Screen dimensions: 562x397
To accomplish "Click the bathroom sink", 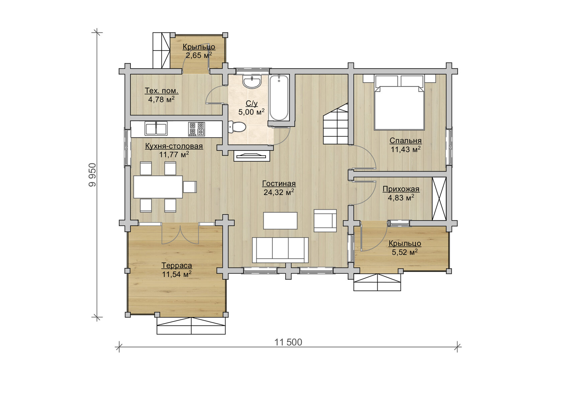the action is click(x=252, y=82).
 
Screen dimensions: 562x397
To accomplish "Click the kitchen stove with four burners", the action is click(x=196, y=129).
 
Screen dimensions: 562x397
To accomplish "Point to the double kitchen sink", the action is click(x=156, y=128).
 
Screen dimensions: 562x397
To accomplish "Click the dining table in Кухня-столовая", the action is click(x=158, y=187).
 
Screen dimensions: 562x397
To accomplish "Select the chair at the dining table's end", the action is click(x=190, y=187).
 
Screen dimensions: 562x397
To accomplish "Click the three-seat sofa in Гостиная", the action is click(x=280, y=250).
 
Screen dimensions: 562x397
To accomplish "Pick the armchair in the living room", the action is click(x=325, y=221).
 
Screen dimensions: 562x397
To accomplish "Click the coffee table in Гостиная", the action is click(x=280, y=221).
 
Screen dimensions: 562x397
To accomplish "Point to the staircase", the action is click(x=336, y=124).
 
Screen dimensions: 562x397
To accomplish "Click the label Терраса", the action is click(x=177, y=265).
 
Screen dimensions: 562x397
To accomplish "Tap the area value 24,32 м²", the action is click(x=279, y=192).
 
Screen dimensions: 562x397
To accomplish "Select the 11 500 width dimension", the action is click(x=288, y=342).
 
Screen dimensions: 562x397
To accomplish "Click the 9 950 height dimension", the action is click(x=92, y=175).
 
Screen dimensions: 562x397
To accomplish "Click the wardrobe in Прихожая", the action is click(x=439, y=199).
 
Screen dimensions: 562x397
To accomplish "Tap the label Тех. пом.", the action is click(x=162, y=91).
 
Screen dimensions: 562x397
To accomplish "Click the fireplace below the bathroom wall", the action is click(x=252, y=156).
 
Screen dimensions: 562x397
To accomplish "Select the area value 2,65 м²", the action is click(x=199, y=55).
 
